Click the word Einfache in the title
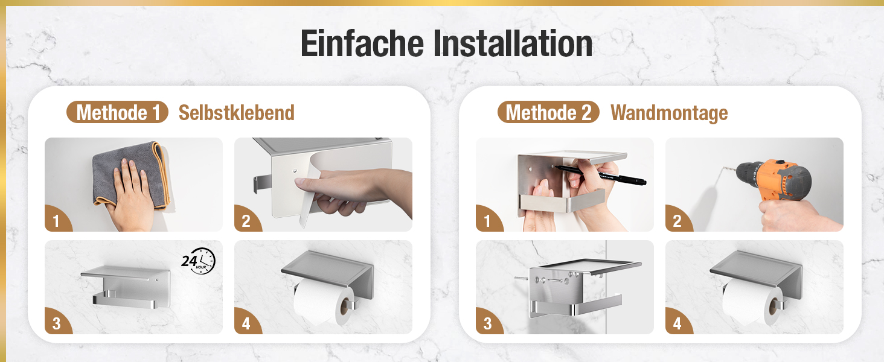pos(362,43)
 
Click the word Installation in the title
pos(513,43)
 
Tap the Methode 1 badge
pos(118,112)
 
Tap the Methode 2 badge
pos(548,112)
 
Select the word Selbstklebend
pos(237,113)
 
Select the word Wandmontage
pos(669,113)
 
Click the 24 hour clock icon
pos(199,261)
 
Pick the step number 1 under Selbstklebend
pos(56,221)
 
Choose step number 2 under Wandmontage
pos(677,221)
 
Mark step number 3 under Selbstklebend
pos(56,324)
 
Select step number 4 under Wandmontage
pos(677,324)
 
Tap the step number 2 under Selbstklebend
pos(246,221)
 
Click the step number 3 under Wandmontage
pos(488,324)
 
